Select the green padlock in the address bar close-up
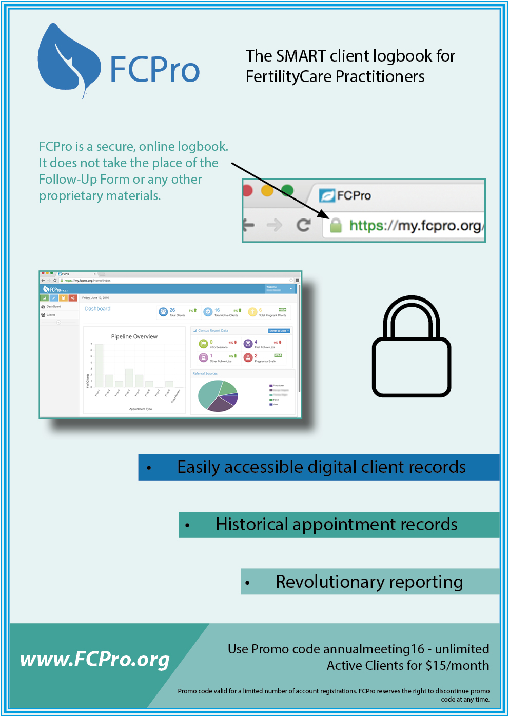click(336, 225)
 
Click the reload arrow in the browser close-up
click(304, 225)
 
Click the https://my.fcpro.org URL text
click(415, 226)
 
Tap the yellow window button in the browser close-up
click(267, 191)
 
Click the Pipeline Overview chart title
click(134, 337)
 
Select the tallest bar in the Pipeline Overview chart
click(100, 365)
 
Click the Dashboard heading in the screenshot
click(97, 309)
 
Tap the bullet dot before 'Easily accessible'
click(149, 468)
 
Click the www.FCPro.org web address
click(95, 660)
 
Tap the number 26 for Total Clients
click(172, 310)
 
